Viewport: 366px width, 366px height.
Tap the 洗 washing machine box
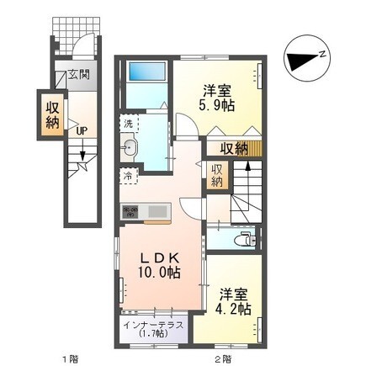(127, 123)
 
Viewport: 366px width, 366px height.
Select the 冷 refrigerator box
(129, 177)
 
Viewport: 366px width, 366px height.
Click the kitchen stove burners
(130, 210)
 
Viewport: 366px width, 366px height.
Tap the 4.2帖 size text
(234, 308)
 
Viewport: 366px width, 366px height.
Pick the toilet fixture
(247, 238)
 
